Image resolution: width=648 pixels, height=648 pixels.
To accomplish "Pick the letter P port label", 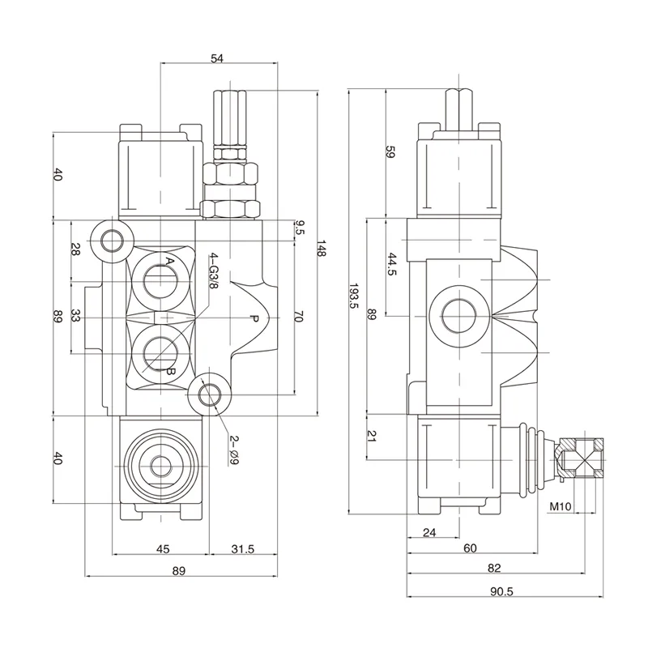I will [x=254, y=319].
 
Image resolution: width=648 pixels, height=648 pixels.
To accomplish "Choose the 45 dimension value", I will [x=162, y=548].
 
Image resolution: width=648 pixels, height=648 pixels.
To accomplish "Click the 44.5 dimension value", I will [x=391, y=266].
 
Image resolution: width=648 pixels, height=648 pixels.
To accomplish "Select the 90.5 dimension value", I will [x=502, y=590].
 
